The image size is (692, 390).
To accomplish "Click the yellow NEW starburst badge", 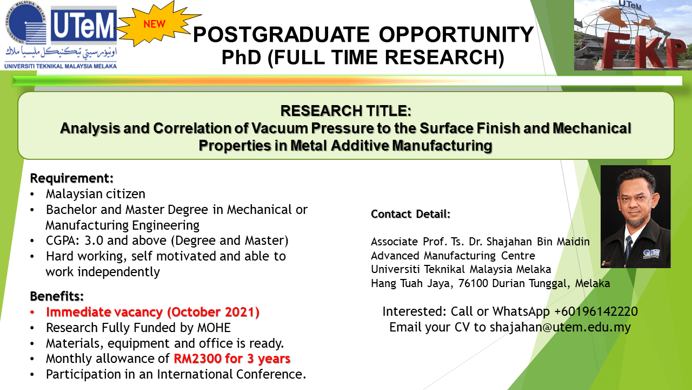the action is pos(157,24).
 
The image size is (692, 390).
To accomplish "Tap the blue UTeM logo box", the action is pos(84,26).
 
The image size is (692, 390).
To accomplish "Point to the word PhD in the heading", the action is pos(241,57).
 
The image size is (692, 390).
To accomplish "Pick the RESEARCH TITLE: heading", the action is pos(345,111).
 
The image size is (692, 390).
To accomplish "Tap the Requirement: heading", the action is pos(72,178).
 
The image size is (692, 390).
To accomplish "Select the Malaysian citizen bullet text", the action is pos(96,194).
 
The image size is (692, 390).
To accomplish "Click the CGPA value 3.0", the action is pos(94,240).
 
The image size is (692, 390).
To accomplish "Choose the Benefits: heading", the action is pos(57,296).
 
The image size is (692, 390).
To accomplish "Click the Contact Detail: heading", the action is pos(410,214).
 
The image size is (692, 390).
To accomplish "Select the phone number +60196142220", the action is pos(596,311).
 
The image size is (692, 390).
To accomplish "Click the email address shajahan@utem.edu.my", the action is pos(561,327).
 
